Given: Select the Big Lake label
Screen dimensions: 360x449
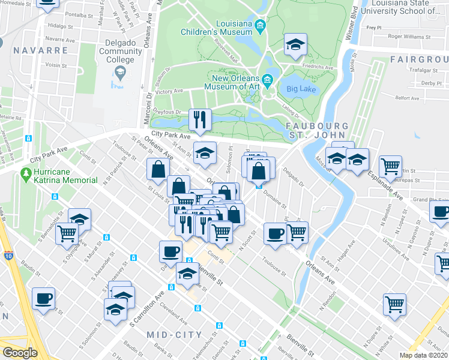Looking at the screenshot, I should pos(301,89).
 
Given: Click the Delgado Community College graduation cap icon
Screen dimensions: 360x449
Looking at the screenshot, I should pos(120,72).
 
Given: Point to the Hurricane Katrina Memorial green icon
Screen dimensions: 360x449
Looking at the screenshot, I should pos(26,175).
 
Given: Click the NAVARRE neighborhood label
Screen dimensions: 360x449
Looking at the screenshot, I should pos(40,50).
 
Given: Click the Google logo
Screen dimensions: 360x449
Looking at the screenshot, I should pos(20,353).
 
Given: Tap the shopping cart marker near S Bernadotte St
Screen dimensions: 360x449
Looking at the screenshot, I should pos(67,233).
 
